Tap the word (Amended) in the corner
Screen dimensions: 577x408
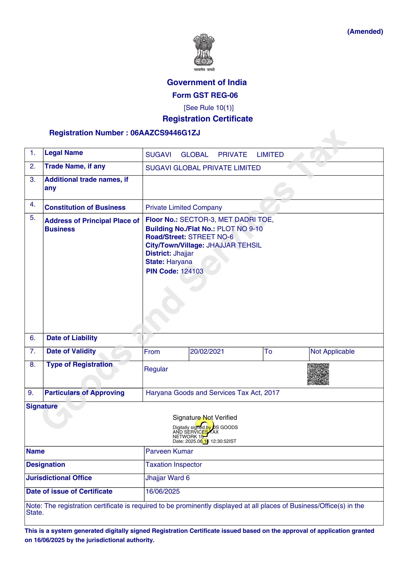click(365, 31)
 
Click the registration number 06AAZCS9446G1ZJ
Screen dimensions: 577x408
click(165, 133)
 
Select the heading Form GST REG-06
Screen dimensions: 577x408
click(205, 95)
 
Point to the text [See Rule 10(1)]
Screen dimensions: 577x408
click(209, 108)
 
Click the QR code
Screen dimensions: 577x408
click(318, 374)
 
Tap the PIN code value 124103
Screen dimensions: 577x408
click(192, 271)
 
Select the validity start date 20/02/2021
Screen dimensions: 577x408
click(207, 352)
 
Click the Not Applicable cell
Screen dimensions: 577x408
click(332, 352)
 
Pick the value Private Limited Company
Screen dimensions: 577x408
click(184, 208)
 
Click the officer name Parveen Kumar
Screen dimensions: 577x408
click(169, 452)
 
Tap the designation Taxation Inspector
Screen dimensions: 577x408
click(173, 465)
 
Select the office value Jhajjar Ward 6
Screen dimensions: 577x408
click(167, 478)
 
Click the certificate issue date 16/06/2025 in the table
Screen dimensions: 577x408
click(162, 492)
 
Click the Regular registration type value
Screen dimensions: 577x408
click(156, 369)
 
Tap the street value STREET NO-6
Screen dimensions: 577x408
click(211, 237)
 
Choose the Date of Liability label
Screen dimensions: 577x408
click(72, 338)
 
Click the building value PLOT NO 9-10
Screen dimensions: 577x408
click(240, 229)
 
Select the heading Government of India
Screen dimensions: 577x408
click(207, 83)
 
